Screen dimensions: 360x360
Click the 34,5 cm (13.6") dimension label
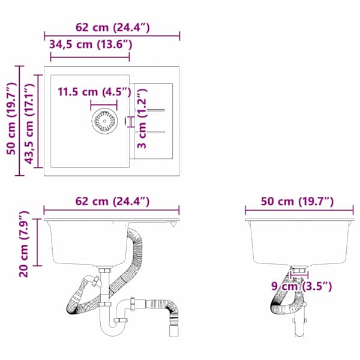point(91,44)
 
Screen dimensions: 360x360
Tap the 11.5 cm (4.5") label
point(94,92)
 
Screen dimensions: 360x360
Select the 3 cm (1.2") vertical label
point(142,118)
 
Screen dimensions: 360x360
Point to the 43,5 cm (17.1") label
point(29,124)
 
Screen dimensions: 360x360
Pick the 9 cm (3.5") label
point(301,286)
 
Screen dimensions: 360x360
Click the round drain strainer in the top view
point(104,121)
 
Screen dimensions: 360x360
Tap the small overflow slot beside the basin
point(126,121)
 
